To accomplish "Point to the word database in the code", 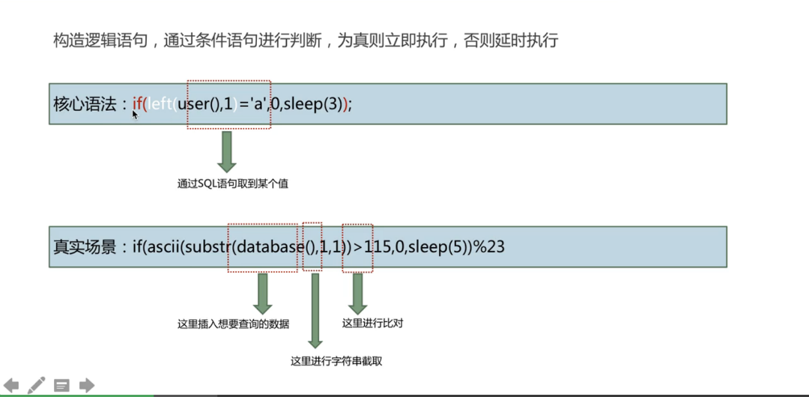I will coord(266,246).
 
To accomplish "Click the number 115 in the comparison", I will coord(378,246).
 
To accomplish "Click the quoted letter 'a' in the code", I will coord(258,104).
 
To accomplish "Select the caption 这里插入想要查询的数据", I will coord(233,324).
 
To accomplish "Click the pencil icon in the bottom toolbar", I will coord(36,386).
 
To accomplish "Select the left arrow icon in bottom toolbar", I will coord(11,386).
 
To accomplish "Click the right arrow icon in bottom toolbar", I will coord(87,386).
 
